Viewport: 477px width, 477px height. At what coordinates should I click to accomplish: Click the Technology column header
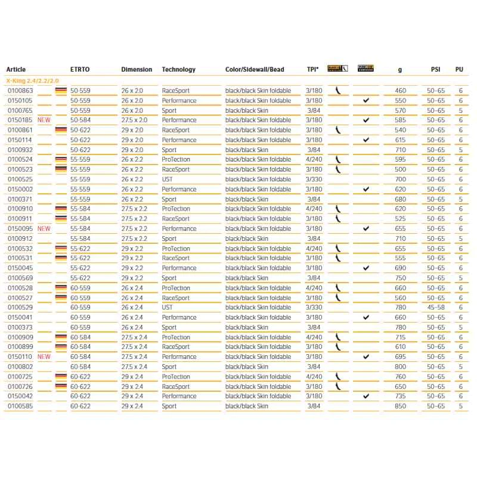coord(178,69)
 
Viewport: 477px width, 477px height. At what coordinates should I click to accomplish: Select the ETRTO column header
coord(80,69)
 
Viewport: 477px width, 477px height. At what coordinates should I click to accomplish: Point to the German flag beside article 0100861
coord(61,130)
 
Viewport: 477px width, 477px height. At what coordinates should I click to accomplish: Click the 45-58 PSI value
coord(437,308)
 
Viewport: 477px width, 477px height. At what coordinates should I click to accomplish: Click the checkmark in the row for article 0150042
coord(366,396)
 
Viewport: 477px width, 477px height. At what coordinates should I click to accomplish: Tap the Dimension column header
coord(137,69)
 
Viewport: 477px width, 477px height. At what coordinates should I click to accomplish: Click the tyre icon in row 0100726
coord(337,386)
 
